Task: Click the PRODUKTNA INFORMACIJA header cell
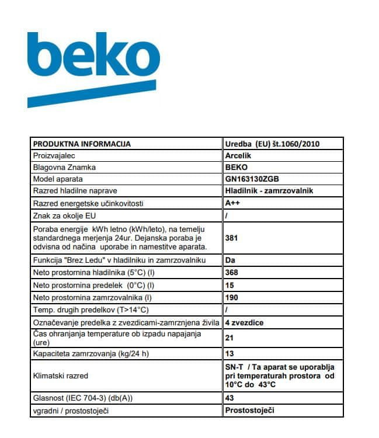[82, 144]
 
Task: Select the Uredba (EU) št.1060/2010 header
[272, 144]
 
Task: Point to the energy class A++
[232, 203]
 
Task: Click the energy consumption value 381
[231, 238]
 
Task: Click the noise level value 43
[229, 398]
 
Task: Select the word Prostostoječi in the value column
[249, 410]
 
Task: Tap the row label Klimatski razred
[60, 376]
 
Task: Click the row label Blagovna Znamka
[64, 168]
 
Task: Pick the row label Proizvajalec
[54, 156]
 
